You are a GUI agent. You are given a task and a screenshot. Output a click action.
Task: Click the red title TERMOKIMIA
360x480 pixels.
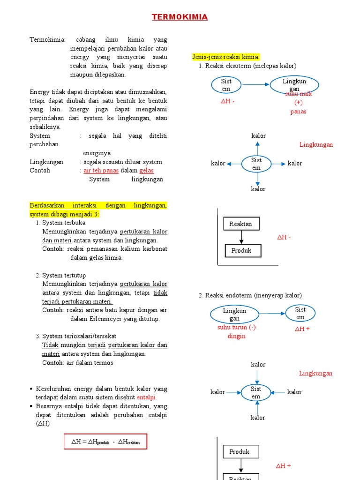point(180,17)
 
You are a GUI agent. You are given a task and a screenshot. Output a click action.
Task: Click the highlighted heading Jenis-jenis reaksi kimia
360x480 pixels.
point(226,57)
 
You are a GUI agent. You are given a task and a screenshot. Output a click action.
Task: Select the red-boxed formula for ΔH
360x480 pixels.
point(105,442)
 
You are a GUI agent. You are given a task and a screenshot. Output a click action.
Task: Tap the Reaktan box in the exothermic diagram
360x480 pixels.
point(240,224)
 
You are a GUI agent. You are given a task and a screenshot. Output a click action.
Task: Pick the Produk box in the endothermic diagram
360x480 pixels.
point(239,452)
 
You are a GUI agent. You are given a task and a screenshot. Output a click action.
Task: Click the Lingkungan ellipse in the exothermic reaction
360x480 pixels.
point(294,85)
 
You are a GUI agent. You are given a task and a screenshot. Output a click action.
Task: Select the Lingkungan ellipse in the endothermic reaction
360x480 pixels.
point(234,314)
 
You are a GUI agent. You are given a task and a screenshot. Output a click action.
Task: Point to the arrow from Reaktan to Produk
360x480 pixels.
point(241,238)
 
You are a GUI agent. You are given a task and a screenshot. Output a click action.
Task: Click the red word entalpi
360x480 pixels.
point(146,397)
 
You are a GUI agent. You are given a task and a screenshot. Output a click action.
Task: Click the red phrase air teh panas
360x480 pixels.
point(101,171)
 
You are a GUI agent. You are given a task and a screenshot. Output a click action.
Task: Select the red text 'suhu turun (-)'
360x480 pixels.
point(236,328)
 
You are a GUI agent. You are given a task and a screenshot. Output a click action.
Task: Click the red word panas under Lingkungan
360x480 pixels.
point(298,112)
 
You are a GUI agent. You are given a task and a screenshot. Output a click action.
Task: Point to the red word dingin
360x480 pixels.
point(236,336)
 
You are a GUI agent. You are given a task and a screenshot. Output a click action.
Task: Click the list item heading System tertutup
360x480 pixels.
point(64,275)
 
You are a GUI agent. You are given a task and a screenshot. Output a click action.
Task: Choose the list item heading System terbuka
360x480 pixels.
point(64,223)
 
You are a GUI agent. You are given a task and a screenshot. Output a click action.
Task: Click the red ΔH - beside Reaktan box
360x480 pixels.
point(284,238)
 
